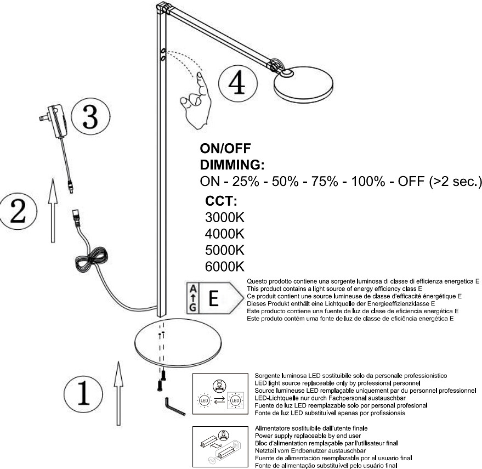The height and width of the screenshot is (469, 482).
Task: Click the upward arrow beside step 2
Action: (x=53, y=210)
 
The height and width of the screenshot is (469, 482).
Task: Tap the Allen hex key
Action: (x=174, y=408)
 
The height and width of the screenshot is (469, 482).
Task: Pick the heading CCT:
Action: (x=221, y=200)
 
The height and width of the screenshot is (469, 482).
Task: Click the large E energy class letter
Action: (x=214, y=300)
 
